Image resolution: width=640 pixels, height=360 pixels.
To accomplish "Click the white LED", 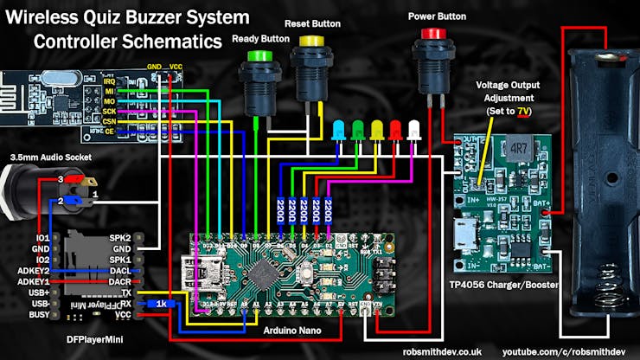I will pyautogui.click(x=415, y=130).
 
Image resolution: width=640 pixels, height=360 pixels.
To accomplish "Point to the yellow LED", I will pyautogui.click(x=377, y=130).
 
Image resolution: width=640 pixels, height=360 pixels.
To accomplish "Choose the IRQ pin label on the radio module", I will pyautogui.click(x=110, y=80).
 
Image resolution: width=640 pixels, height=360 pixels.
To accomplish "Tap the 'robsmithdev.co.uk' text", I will pyautogui.click(x=439, y=352).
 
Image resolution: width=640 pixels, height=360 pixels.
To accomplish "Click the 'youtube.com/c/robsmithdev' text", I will pyautogui.click(x=564, y=352).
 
